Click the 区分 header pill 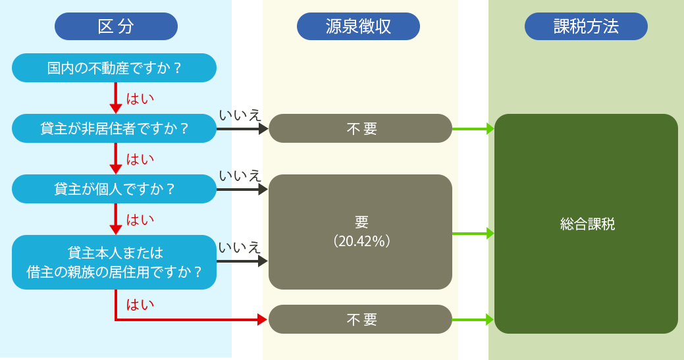116,26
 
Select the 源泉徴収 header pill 358,26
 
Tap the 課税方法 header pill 586,26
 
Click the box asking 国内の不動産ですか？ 114,68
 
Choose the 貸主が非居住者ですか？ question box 114,128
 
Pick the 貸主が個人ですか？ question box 114,189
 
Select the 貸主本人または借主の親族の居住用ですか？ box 114,262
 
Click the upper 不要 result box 360,128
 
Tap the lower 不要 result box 360,319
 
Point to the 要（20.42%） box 360,232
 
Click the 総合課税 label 587,224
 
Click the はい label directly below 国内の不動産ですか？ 140,99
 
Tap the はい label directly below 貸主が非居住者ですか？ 140,159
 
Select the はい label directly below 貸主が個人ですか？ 140,220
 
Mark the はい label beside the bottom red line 140,305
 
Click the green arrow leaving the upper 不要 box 473,128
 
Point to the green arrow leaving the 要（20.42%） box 473,233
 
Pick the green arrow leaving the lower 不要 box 473,319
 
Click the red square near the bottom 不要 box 247,307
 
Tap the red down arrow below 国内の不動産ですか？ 116,98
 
